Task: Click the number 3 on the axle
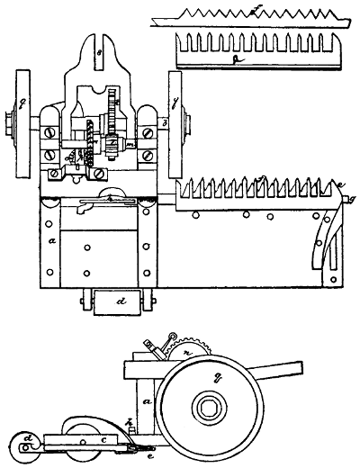(165, 122)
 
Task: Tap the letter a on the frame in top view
(54, 241)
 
